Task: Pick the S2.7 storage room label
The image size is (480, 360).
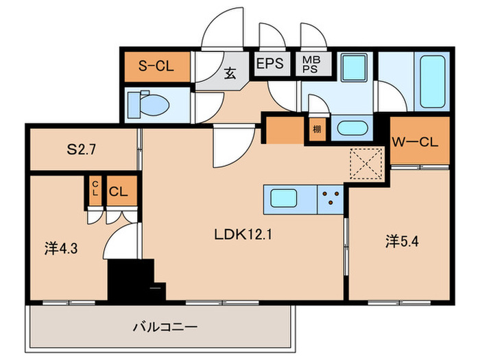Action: pyautogui.click(x=81, y=149)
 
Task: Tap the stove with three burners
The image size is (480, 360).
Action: pyautogui.click(x=332, y=199)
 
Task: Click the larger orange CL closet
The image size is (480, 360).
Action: pyautogui.click(x=118, y=191)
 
